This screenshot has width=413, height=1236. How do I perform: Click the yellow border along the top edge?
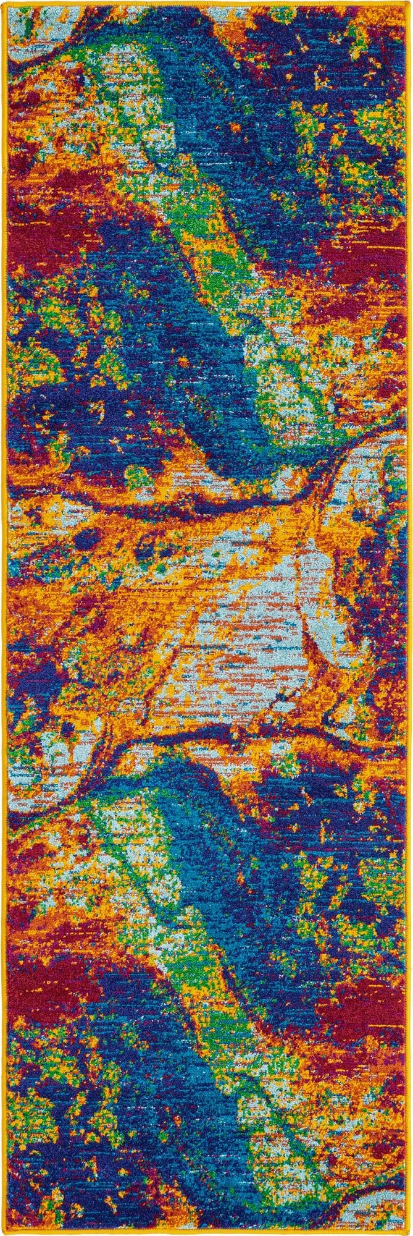206,2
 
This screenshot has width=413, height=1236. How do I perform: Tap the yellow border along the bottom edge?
206,1233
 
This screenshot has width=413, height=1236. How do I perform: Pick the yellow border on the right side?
409,618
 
